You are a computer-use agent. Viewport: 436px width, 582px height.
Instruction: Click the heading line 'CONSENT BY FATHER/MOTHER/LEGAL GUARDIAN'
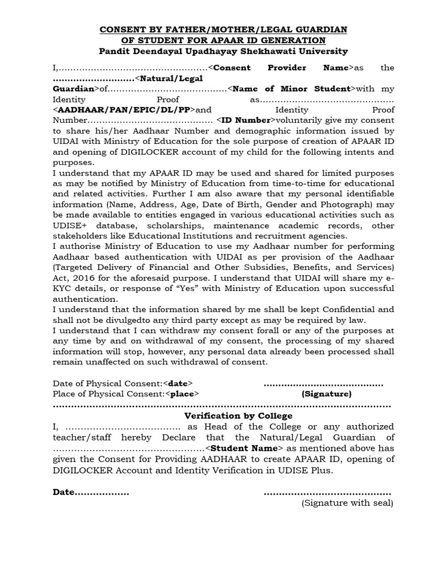click(x=224, y=29)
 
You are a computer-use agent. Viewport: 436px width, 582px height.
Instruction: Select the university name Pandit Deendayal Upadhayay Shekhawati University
click(x=224, y=51)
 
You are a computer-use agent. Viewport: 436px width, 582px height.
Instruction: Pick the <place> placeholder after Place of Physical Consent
click(x=182, y=393)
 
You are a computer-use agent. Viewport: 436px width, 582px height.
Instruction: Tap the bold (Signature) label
click(x=326, y=393)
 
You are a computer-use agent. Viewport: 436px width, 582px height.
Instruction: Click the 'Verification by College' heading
click(x=223, y=416)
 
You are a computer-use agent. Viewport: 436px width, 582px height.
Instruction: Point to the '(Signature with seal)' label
click(x=347, y=502)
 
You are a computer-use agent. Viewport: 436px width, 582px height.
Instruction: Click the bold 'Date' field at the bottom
click(x=64, y=492)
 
